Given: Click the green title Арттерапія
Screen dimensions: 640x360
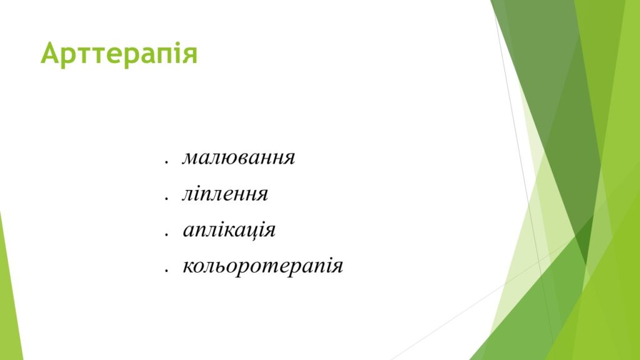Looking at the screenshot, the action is [119, 54].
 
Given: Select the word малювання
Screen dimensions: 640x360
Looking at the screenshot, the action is [238, 157].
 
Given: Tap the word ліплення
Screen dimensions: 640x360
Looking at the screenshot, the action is [225, 194].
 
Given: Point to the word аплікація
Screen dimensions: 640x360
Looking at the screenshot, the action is [229, 229].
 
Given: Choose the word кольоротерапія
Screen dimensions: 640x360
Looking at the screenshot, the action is [263, 266].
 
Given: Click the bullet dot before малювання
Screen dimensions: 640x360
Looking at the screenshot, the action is [166, 162].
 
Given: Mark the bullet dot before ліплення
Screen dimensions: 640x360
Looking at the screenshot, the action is [166, 198].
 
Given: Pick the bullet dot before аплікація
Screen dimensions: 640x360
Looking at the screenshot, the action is [166, 234].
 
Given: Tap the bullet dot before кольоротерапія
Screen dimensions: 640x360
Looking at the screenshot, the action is [166, 270].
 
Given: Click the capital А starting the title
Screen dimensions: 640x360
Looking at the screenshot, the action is [51, 52].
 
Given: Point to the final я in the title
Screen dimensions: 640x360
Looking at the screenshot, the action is [190, 56].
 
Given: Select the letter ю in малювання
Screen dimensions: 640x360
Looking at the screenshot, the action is [222, 158].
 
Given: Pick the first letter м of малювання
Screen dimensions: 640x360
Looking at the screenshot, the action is [190, 158].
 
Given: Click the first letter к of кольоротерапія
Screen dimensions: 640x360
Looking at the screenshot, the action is [188, 266].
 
